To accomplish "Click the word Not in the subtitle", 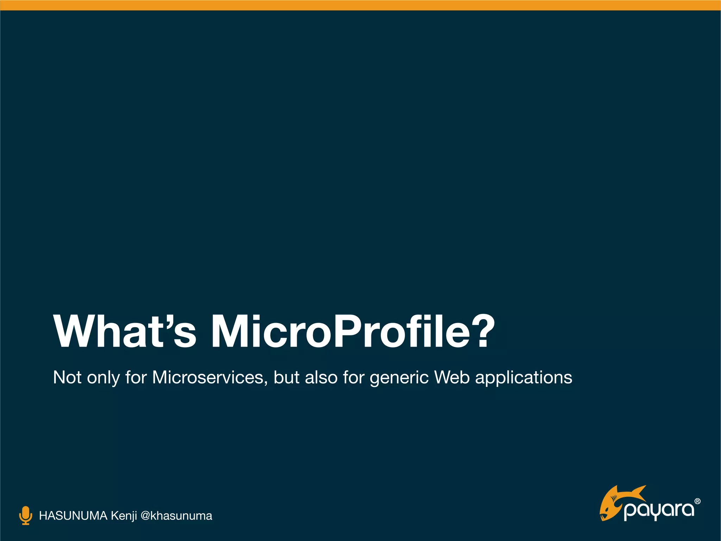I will point(67,378).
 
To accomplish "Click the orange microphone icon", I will point(25,516).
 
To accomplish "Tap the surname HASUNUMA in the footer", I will point(73,516).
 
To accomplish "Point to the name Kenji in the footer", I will point(124,516).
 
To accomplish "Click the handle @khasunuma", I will point(176,516).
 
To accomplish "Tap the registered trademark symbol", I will point(697,501).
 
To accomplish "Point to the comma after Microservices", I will point(266,383).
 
